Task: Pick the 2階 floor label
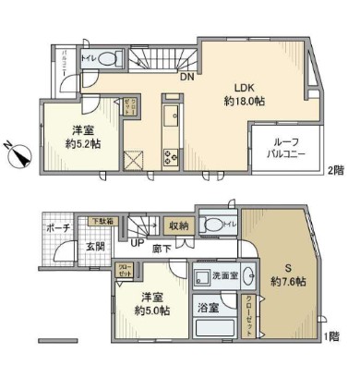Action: click(338, 171)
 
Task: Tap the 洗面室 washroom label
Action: click(225, 274)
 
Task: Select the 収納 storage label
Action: click(178, 224)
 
